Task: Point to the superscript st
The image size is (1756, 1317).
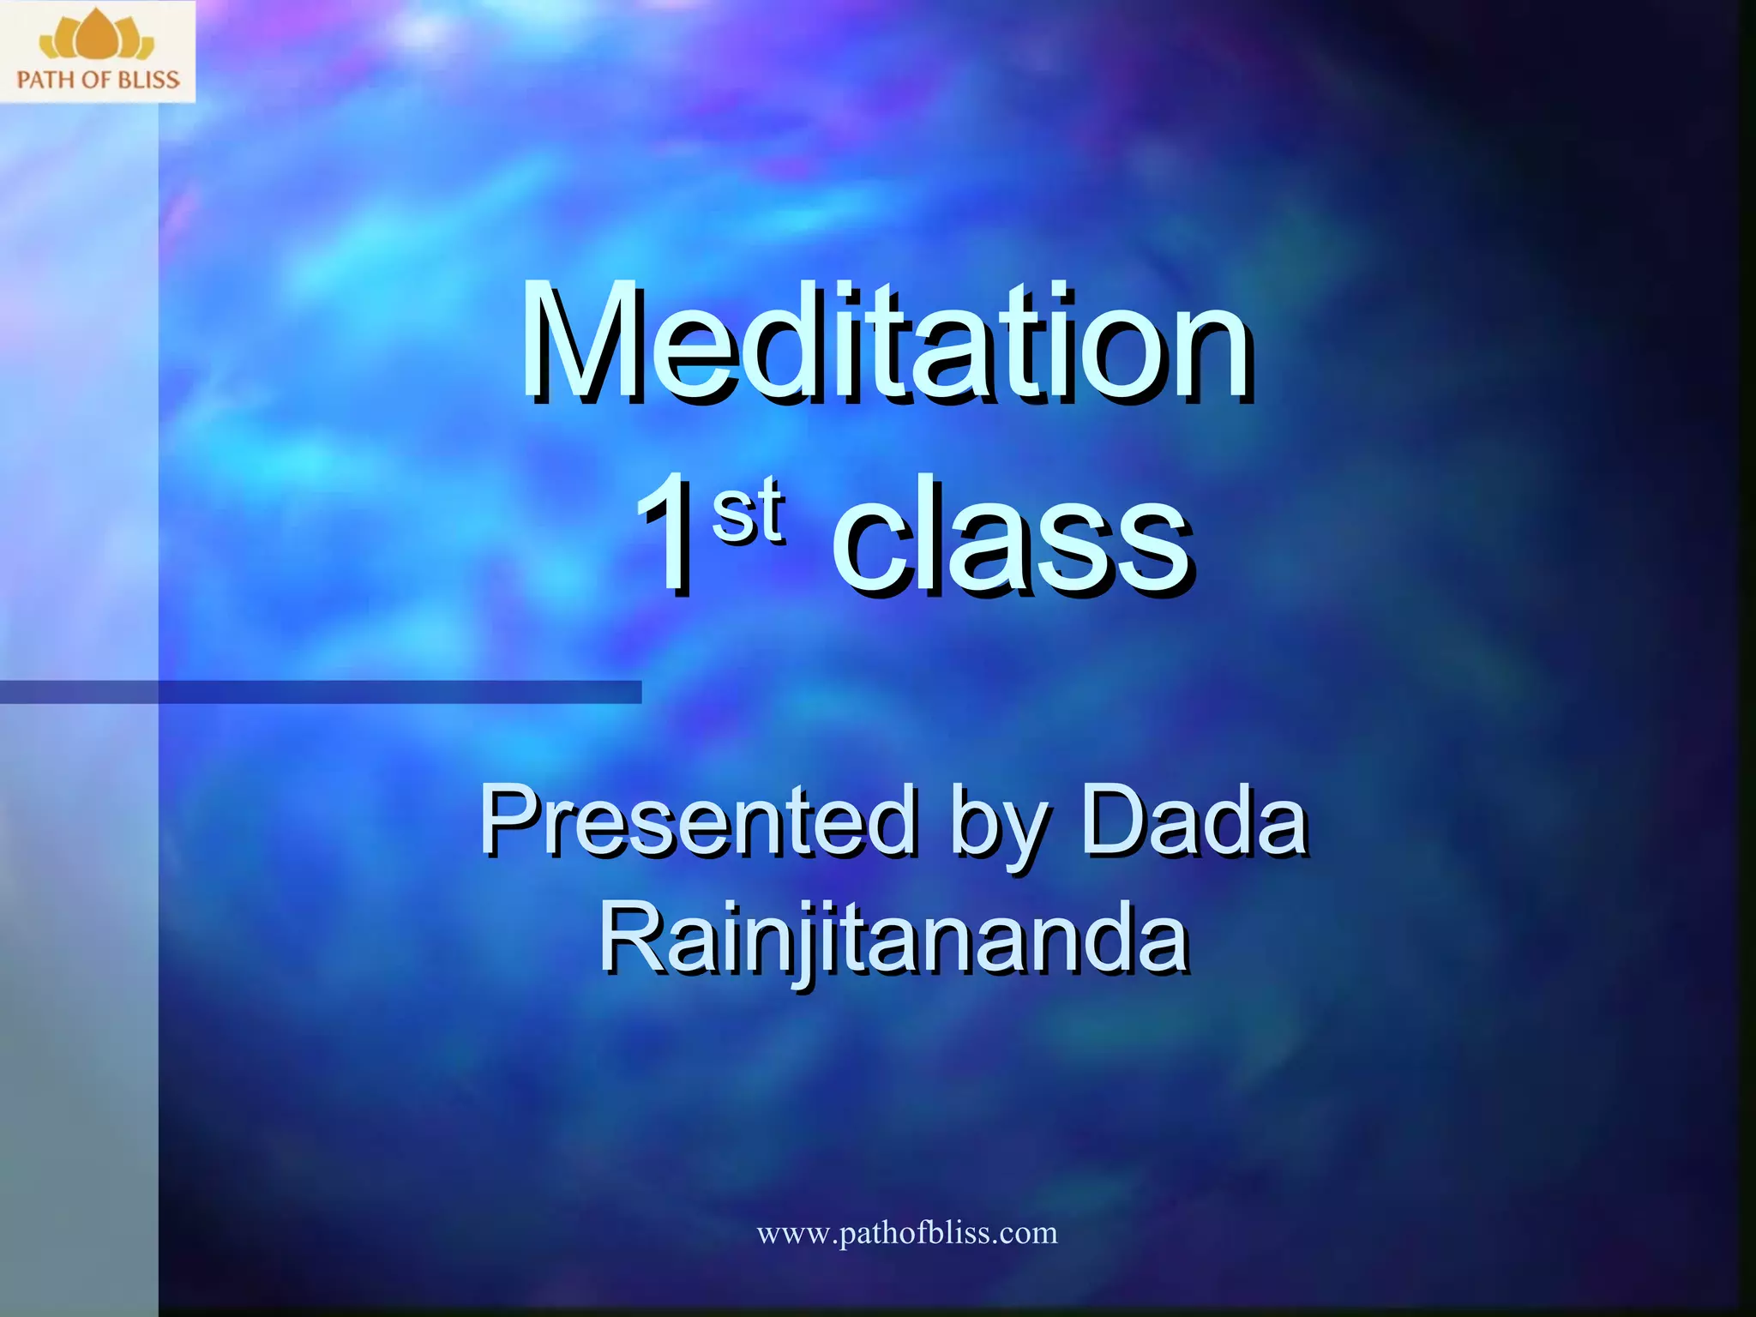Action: tap(748, 511)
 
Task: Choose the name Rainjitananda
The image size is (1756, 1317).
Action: tap(893, 940)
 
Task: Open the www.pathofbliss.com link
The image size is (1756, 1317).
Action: tap(906, 1233)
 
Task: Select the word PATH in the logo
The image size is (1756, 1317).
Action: tap(45, 81)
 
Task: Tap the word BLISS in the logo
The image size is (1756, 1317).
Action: tap(148, 81)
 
